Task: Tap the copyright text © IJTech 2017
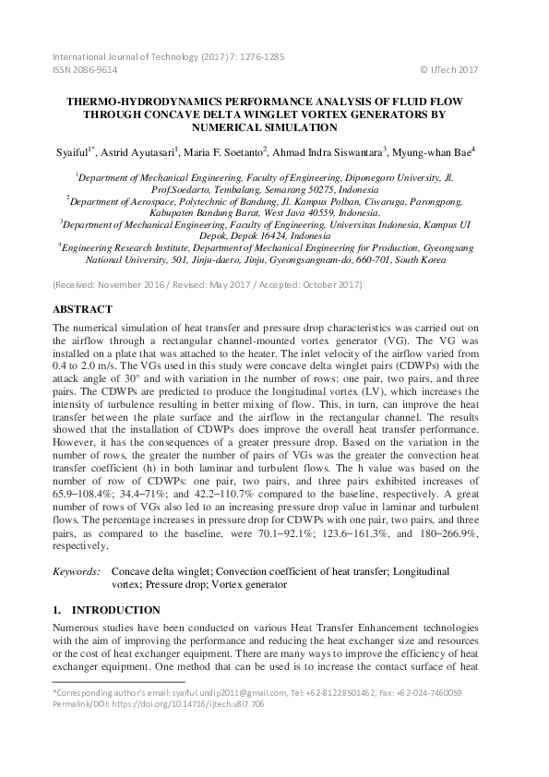coord(449,69)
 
